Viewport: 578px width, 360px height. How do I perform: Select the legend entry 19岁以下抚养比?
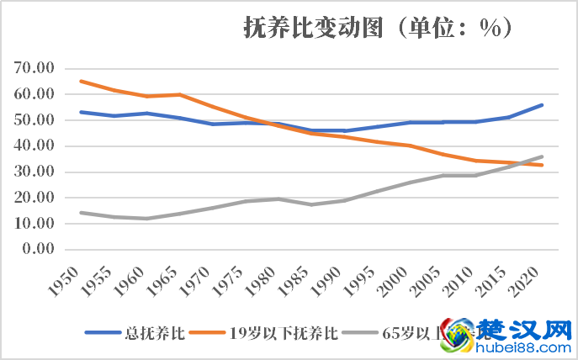[284, 333]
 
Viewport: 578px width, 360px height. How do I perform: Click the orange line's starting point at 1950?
[80, 82]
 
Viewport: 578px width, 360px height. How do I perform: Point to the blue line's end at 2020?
[543, 105]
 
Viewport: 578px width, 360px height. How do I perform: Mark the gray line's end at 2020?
[543, 156]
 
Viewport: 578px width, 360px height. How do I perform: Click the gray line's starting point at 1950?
[80, 213]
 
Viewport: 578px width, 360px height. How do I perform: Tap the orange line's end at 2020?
[543, 165]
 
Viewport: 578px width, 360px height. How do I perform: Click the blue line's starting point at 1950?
[80, 112]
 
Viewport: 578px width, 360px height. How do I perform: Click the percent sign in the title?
[490, 29]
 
